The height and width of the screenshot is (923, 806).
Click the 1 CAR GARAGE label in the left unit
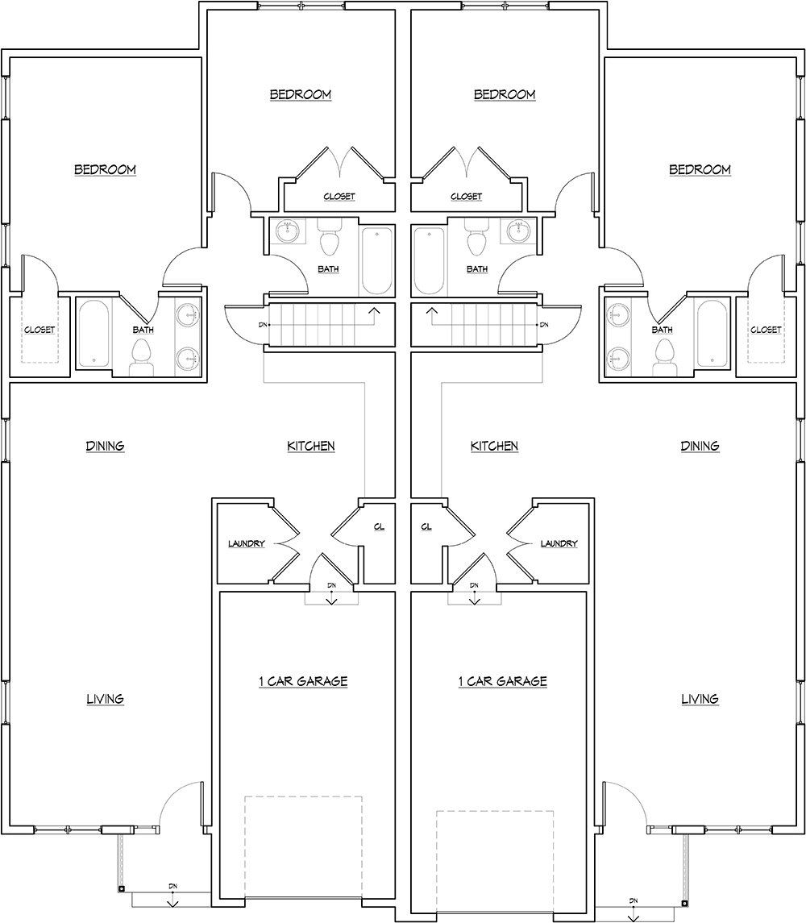pos(302,681)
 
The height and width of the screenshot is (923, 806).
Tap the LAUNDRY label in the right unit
pos(559,543)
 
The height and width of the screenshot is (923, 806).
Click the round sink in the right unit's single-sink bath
pos(517,232)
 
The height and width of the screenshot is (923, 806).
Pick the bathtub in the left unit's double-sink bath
pos(97,334)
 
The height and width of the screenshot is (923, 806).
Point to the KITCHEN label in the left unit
pos(310,446)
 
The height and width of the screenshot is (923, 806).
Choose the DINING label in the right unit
pos(700,446)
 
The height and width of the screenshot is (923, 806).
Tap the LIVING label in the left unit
pos(105,699)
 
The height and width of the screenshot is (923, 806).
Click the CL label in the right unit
pos(426,526)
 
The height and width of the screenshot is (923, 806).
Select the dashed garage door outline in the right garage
pos(495,854)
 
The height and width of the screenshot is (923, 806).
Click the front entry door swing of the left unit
pos(179,802)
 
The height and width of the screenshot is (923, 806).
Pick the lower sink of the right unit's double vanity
pos(618,355)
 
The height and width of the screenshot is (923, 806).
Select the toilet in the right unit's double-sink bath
pos(665,353)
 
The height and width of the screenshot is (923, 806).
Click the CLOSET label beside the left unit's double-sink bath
pos(39,330)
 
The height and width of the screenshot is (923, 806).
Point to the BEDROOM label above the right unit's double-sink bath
pos(700,169)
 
